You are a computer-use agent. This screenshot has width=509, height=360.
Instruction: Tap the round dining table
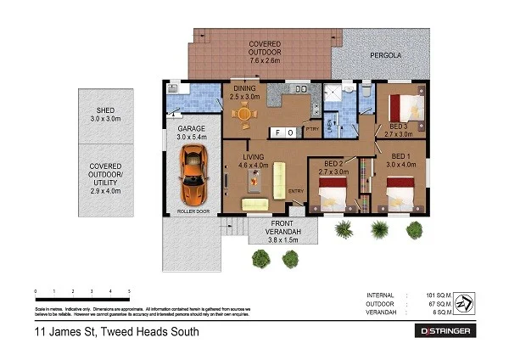point(245,114)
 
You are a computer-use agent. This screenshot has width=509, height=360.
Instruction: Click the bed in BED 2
point(333,195)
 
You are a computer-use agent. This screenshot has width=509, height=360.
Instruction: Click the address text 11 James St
point(116,332)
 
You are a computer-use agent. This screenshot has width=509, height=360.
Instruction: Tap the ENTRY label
point(296,191)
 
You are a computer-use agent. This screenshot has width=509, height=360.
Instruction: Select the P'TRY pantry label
point(311,130)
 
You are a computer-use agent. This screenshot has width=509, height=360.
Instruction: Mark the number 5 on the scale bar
point(129,291)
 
